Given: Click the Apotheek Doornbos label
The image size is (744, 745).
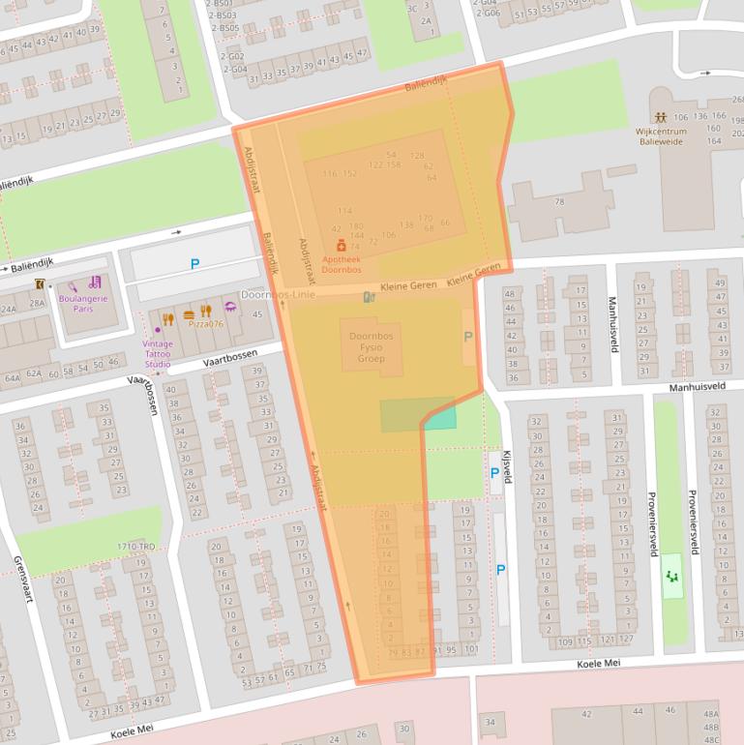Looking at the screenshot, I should (x=342, y=263).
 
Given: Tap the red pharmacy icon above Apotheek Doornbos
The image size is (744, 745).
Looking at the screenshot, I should (x=342, y=247).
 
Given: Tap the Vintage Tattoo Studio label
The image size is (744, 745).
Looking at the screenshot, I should (x=158, y=353).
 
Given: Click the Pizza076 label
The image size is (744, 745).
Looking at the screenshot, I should (x=204, y=324).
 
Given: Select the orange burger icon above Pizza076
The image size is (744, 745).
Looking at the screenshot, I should (x=188, y=312).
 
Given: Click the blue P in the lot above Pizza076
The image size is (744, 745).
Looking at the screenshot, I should (x=194, y=263).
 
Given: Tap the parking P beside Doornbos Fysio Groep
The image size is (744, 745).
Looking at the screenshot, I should (x=469, y=337).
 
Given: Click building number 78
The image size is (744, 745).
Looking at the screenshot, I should (x=559, y=202).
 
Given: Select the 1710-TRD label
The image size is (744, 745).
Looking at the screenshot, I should (x=135, y=548).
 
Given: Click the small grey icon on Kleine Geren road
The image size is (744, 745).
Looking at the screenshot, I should (x=367, y=296).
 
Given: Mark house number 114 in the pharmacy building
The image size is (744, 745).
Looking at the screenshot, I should (x=344, y=211).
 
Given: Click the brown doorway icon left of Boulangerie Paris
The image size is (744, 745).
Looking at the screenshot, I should (x=40, y=284).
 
